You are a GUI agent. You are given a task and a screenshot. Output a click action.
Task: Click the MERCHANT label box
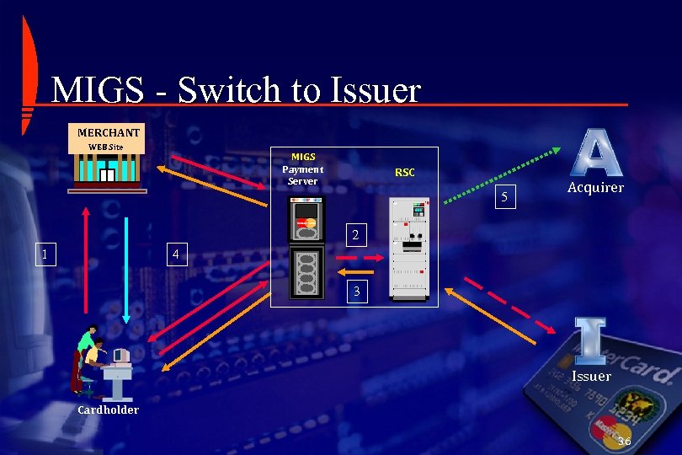109,132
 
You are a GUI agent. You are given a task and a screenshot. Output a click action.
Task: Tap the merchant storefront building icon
107,171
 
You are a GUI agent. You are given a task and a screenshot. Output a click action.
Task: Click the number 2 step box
356,236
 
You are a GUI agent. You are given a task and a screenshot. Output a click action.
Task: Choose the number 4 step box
174,254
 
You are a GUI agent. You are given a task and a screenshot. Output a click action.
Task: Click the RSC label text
405,173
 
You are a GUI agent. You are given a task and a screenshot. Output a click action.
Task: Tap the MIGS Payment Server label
303,169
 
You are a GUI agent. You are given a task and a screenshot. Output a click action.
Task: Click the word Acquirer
595,188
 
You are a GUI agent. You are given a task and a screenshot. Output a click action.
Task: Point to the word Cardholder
108,410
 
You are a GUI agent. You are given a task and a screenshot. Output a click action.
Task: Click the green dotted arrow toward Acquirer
502,175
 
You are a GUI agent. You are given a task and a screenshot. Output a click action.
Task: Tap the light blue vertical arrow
125,270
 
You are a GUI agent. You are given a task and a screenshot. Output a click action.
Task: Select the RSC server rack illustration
409,247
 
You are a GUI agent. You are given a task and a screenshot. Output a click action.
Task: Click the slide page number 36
624,442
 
